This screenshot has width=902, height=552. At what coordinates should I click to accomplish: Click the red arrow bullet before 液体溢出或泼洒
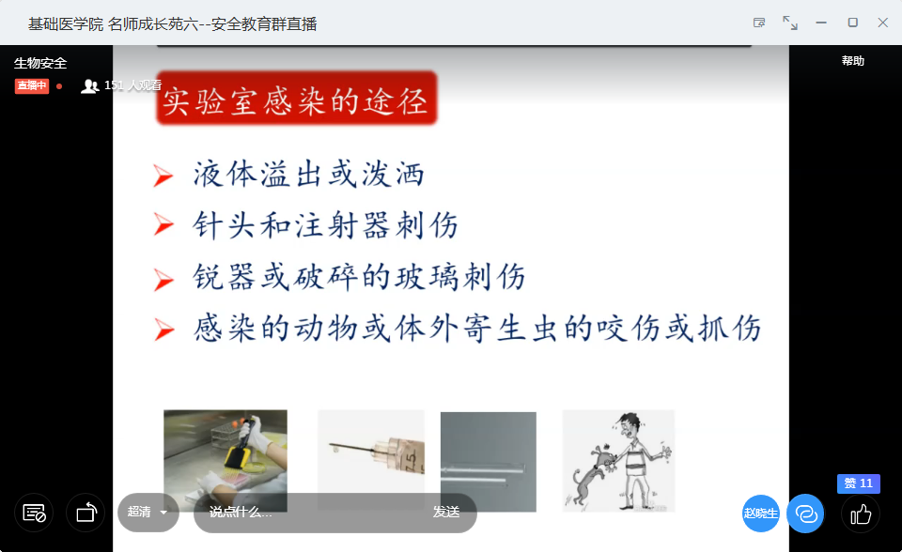pos(163,176)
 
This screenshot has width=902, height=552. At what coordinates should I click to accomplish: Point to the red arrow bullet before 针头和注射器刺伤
pos(163,224)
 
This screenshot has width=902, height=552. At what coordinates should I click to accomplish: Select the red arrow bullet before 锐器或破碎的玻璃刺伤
pos(163,280)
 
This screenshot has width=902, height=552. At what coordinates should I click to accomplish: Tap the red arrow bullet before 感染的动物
pos(163,330)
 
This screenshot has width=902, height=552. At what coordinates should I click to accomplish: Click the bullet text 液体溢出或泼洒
pos(309,174)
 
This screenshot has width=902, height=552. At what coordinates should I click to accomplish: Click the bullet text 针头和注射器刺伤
pos(326,224)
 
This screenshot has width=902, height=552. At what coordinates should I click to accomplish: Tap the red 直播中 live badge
pos(32,85)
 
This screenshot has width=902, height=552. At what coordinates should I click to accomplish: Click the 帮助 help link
pos(852,61)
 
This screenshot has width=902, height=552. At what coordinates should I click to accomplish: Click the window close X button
pos(882,23)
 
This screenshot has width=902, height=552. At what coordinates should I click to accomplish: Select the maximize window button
pos(852,23)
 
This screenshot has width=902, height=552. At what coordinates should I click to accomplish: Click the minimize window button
pos(821,23)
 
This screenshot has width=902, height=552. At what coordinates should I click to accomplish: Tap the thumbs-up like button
pos(861,514)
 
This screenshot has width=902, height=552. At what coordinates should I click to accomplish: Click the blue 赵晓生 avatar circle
pos(760,513)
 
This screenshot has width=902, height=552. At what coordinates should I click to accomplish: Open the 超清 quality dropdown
pos(148,512)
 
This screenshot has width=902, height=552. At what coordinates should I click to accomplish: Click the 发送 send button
pos(446,512)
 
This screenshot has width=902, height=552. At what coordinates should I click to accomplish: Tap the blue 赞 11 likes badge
pos(858,483)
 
